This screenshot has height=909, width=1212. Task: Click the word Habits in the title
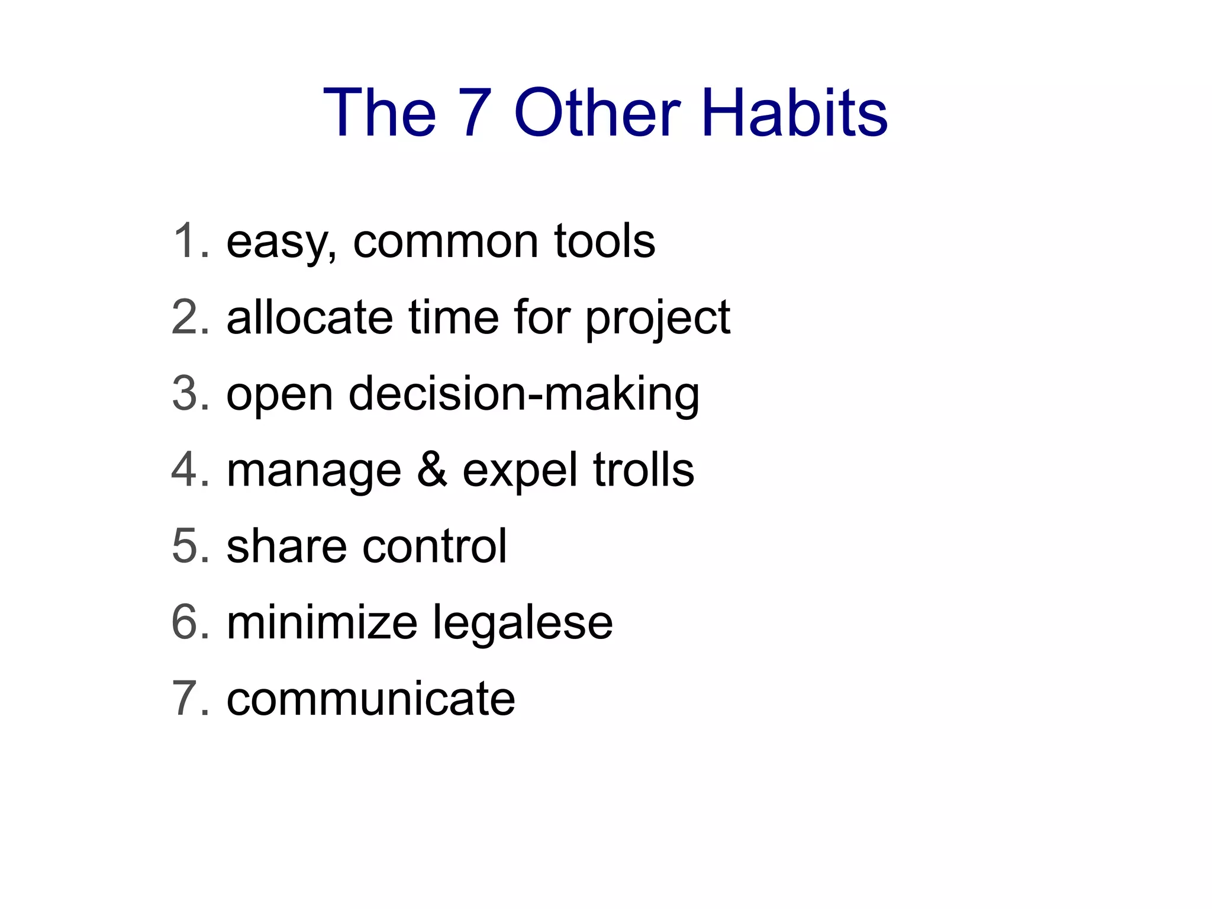pos(795,113)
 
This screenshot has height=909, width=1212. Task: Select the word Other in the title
pos(597,113)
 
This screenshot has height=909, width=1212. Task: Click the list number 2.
pos(189,317)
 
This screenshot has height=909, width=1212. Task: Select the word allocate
pos(310,317)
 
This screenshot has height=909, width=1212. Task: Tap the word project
pos(657,320)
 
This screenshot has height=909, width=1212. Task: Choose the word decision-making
pos(524,395)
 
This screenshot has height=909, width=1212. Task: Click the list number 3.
pos(189,394)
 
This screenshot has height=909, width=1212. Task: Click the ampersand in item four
pos(432,470)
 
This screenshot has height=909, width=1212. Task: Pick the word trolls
pos(643,470)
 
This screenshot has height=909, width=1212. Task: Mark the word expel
pos(520,472)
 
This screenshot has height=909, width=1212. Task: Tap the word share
pos(286,546)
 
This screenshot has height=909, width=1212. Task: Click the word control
pos(435,546)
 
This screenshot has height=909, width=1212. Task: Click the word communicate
pos(371,699)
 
